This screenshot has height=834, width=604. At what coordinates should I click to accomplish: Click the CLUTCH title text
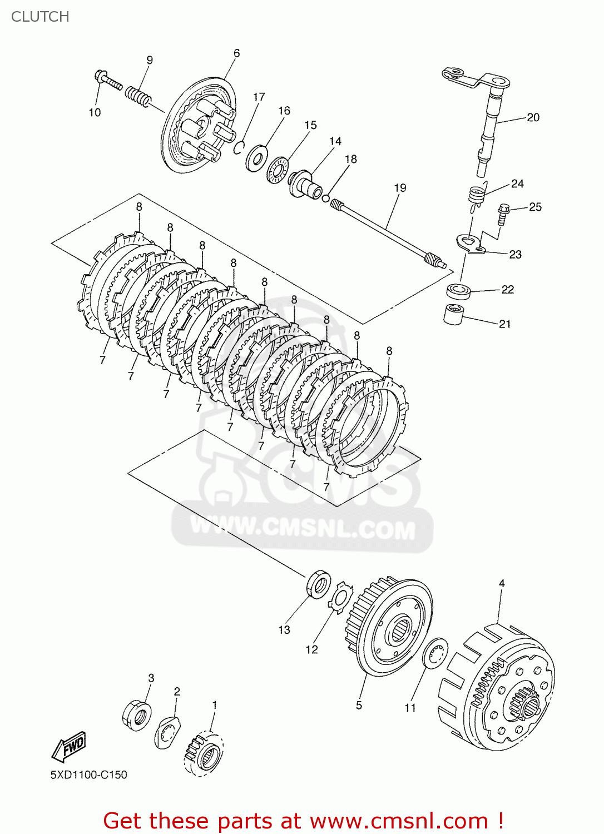click(x=40, y=17)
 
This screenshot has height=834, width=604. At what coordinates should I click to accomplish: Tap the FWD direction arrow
click(x=69, y=746)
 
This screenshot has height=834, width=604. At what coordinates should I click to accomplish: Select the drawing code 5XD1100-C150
click(x=88, y=775)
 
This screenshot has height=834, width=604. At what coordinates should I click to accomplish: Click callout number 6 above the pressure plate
click(x=236, y=53)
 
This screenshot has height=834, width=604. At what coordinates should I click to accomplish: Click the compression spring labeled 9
click(x=137, y=97)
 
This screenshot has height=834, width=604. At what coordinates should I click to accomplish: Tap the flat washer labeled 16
click(x=256, y=158)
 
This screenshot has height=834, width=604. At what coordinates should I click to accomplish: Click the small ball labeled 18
click(x=325, y=198)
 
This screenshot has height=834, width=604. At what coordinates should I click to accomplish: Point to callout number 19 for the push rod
click(x=400, y=188)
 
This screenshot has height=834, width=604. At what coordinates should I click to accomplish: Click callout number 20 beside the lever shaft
click(x=533, y=117)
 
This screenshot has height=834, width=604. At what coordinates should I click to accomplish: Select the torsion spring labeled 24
click(x=476, y=195)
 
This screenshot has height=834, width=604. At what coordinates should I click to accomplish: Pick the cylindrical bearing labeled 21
click(x=453, y=314)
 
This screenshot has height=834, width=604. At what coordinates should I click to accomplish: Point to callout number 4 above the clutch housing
click(x=502, y=583)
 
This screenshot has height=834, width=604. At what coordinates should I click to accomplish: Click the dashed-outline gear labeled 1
click(x=204, y=753)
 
